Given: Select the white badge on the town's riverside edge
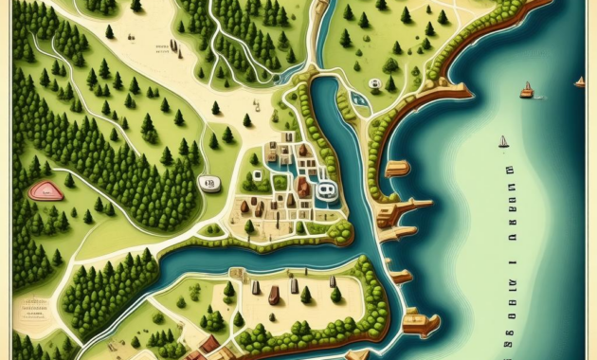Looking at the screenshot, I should (x=326, y=190).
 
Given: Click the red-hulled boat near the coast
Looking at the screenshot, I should (x=527, y=92).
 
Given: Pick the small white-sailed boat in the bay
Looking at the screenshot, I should (x=504, y=142).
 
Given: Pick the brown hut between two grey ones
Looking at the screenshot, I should (x=274, y=295).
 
